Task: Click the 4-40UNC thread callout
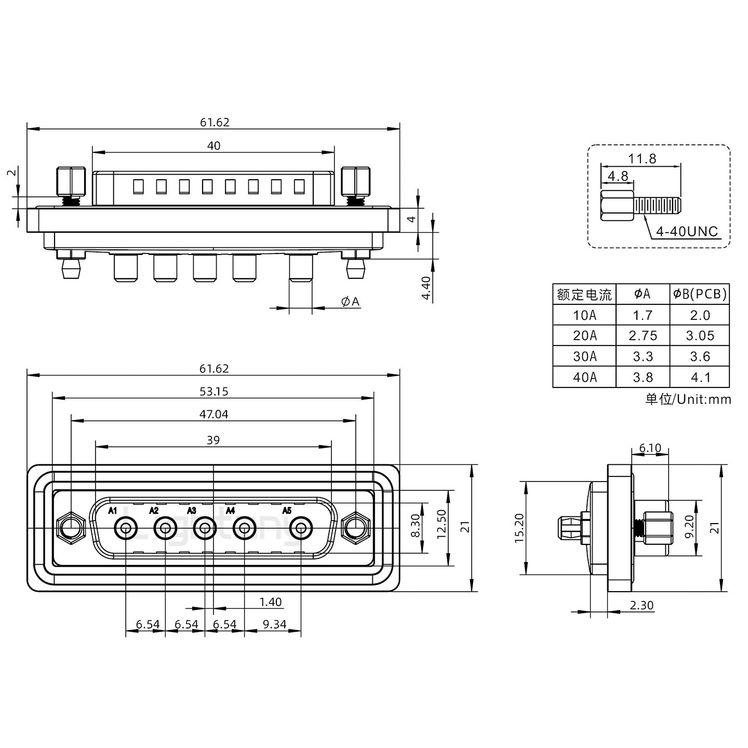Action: pyautogui.click(x=686, y=231)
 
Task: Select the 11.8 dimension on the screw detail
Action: pyautogui.click(x=643, y=158)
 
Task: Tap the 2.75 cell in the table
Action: pyautogui.click(x=643, y=336)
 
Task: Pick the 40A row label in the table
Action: pyautogui.click(x=584, y=377)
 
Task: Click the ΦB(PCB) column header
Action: pyautogui.click(x=700, y=294)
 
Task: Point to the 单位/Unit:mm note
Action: pyautogui.click(x=688, y=399)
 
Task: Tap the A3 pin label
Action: pyautogui.click(x=192, y=511)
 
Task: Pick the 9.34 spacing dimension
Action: pyautogui.click(x=274, y=624)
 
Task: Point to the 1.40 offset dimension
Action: pyautogui.click(x=270, y=602)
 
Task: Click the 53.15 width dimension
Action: pyautogui.click(x=213, y=392)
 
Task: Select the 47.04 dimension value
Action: pyautogui.click(x=213, y=414)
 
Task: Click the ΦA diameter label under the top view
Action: pyautogui.click(x=350, y=302)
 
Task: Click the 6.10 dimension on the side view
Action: pyautogui.click(x=650, y=448)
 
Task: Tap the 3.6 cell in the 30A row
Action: pyautogui.click(x=700, y=356)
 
